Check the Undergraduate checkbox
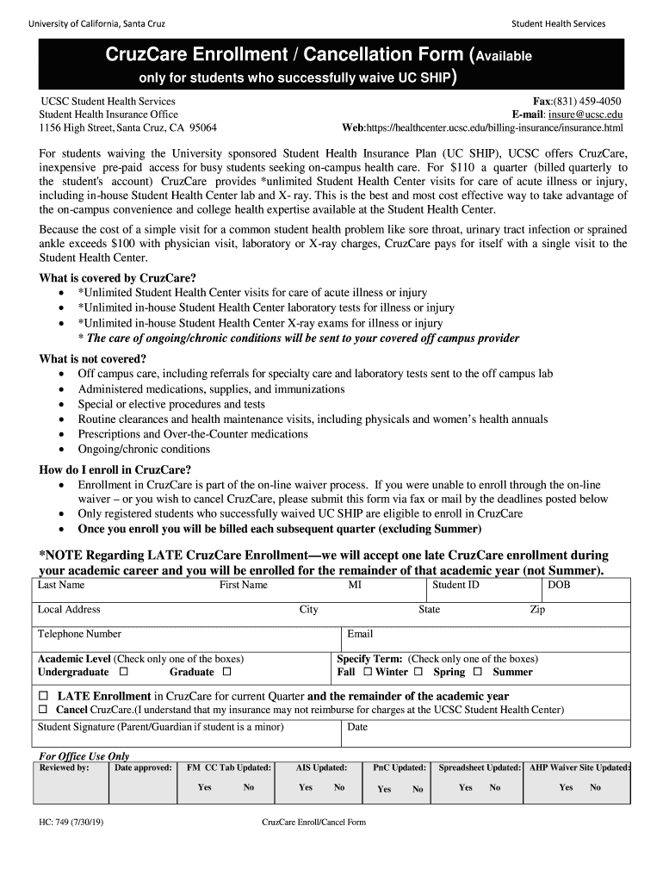click(123, 672)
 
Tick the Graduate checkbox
click(226, 672)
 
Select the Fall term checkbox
click(368, 672)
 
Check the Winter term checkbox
click(418, 672)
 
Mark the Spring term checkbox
click(477, 672)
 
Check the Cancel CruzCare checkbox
click(43, 710)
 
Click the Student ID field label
click(455, 585)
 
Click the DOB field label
click(559, 585)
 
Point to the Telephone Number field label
click(79, 634)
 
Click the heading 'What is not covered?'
click(93, 358)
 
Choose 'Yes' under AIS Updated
click(306, 787)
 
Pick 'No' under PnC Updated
click(418, 789)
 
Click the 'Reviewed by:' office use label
click(65, 767)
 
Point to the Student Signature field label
click(160, 727)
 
